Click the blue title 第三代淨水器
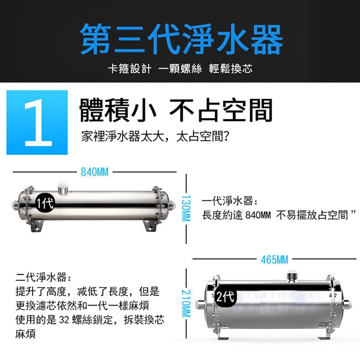(x=181, y=39)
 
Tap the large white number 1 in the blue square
(x=38, y=122)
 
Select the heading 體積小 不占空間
(x=176, y=110)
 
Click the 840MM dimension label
(x=94, y=172)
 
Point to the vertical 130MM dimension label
(x=186, y=208)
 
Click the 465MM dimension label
(x=274, y=260)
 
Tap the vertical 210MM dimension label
(x=186, y=303)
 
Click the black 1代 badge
(x=45, y=203)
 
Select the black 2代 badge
(x=225, y=297)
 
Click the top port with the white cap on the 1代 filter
(x=62, y=189)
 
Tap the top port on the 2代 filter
(x=292, y=276)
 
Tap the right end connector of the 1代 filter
(x=172, y=204)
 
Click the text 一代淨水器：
(x=230, y=201)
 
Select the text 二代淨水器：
(x=43, y=277)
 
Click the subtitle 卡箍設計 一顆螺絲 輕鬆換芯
(x=180, y=69)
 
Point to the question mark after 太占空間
(x=226, y=137)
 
